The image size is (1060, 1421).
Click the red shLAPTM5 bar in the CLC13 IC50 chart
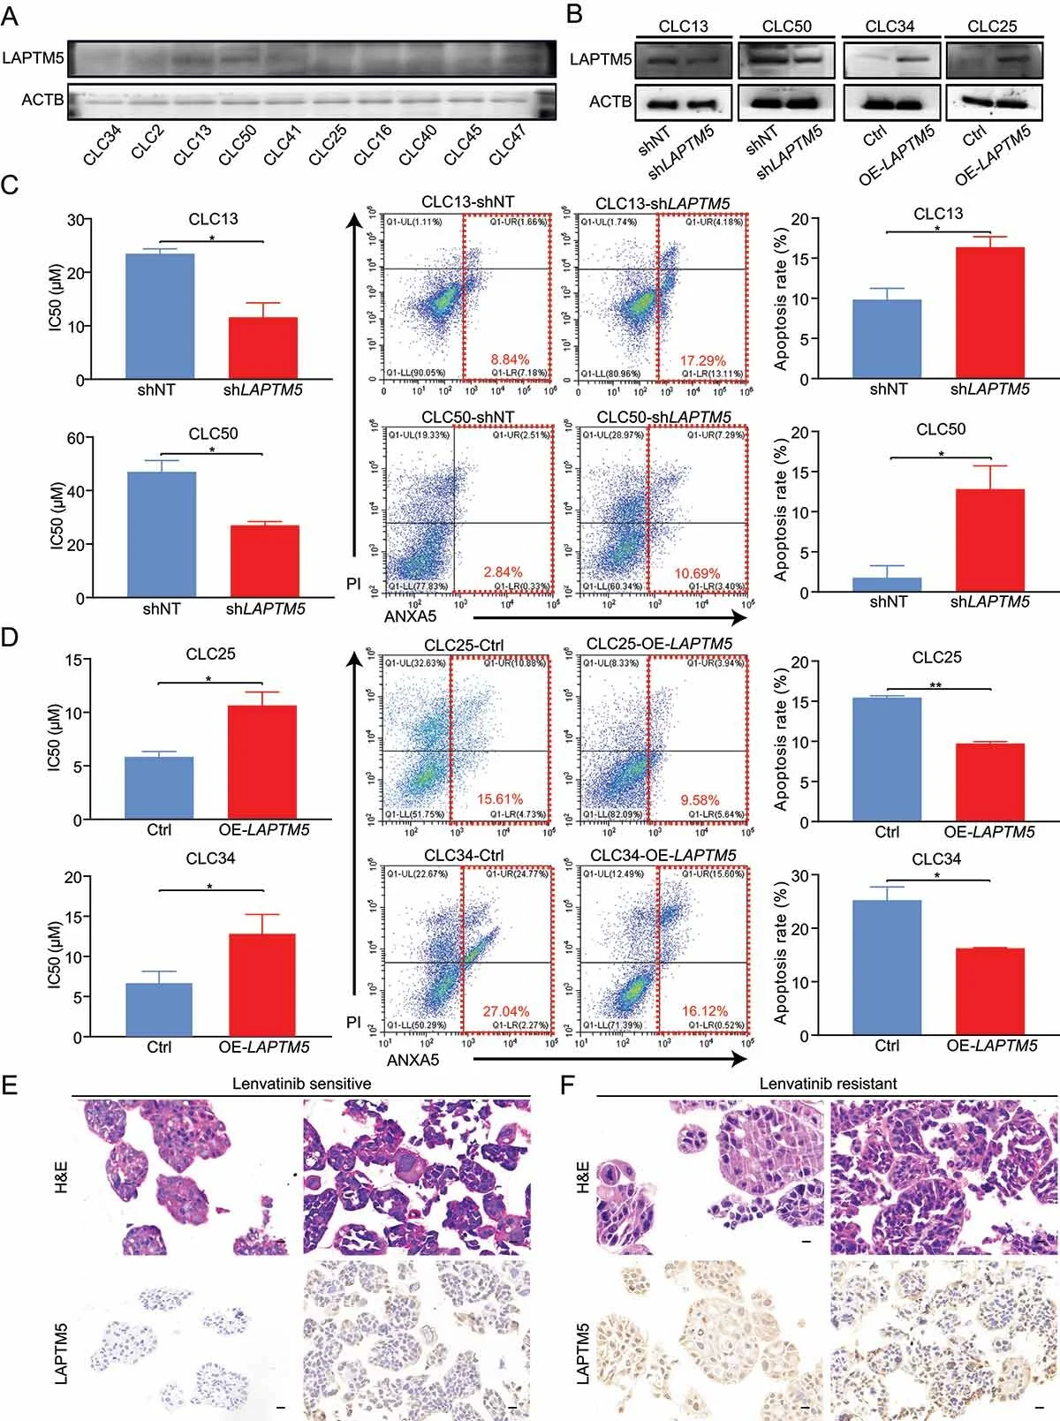263,348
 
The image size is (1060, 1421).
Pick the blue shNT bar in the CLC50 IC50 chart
162,534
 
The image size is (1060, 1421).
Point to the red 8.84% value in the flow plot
510,360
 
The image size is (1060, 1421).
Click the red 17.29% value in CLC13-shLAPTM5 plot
703,360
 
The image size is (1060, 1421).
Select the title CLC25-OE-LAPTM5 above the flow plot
659,644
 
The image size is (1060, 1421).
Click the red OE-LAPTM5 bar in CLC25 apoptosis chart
990,782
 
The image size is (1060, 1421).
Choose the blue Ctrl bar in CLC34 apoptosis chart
887,968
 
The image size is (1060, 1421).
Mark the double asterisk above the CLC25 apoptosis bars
935,684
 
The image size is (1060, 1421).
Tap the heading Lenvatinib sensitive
301,1084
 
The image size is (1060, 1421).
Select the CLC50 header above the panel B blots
786,26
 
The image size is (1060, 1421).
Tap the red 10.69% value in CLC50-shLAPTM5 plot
698,573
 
